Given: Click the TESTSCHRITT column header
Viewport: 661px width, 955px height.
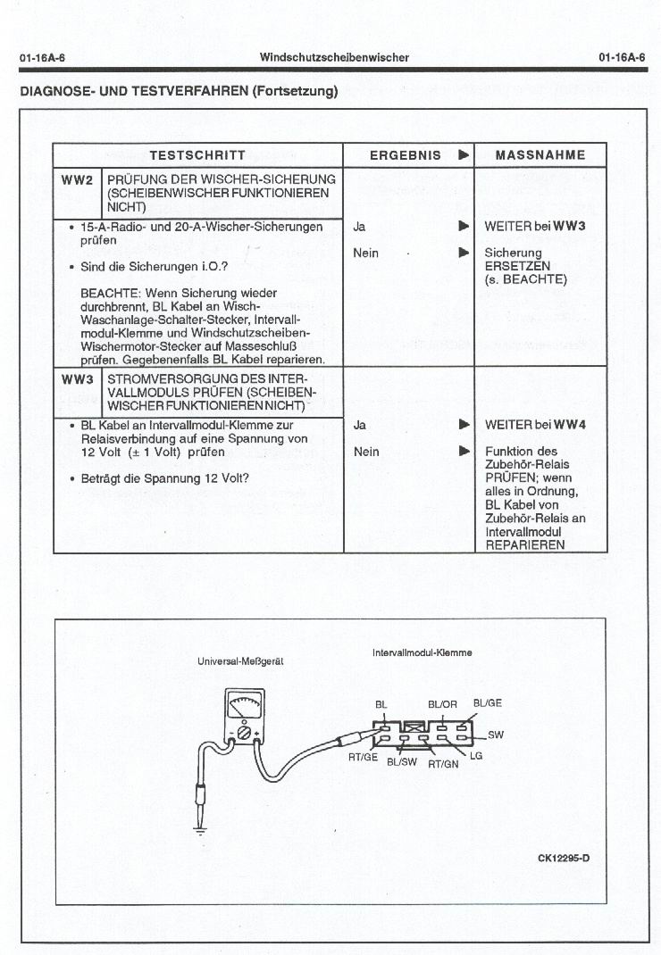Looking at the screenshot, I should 197,154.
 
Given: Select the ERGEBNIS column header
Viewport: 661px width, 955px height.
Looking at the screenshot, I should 406,154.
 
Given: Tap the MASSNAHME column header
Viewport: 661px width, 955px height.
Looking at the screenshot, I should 540,154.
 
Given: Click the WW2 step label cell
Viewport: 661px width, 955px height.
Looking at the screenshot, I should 77,180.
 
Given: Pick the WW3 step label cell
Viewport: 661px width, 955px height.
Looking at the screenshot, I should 77,379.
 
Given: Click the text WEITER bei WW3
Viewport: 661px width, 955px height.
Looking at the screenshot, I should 534,227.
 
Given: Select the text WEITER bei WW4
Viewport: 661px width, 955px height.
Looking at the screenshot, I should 534,426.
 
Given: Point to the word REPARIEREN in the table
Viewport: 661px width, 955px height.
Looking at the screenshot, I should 525,544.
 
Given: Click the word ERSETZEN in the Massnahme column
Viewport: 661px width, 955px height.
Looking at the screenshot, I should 517,266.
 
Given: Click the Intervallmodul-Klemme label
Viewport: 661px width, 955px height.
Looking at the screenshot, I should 422,652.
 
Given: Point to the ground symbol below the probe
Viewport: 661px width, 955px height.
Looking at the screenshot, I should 199,829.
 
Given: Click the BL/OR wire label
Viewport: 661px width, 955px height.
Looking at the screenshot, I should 442,704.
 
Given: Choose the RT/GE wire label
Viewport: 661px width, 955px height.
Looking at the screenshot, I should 363,757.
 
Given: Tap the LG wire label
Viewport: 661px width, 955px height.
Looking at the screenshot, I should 476,756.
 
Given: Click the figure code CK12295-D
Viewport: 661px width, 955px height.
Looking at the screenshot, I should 570,859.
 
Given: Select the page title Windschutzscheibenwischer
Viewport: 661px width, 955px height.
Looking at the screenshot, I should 334,57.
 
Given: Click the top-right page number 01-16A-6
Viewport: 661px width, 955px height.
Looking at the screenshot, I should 623,57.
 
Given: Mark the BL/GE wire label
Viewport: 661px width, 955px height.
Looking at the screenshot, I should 487,702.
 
